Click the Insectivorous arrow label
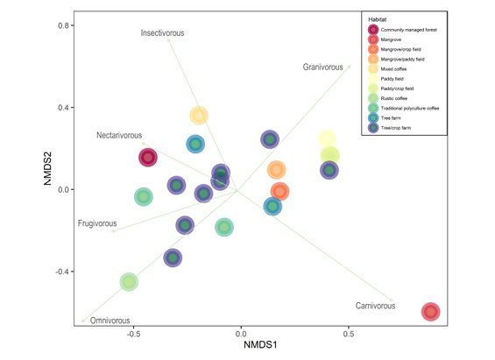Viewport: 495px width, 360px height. click(163, 33)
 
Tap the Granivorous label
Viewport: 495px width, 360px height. click(323, 67)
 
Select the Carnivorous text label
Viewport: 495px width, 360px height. click(375, 306)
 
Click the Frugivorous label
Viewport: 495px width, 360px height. click(97, 224)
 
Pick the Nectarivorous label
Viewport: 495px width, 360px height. click(119, 136)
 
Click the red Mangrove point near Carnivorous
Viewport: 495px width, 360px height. click(430, 312)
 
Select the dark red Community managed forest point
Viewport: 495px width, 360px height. click(148, 158)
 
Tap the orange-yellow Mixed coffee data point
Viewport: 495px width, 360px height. click(199, 116)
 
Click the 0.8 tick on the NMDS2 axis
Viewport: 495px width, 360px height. click(64, 25)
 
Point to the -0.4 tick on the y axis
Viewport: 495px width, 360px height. click(62, 272)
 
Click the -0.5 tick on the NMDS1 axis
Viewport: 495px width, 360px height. click(133, 334)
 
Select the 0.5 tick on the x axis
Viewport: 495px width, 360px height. click(349, 334)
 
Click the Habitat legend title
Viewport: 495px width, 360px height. click(378, 19)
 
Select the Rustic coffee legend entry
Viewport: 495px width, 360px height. click(400, 98)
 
